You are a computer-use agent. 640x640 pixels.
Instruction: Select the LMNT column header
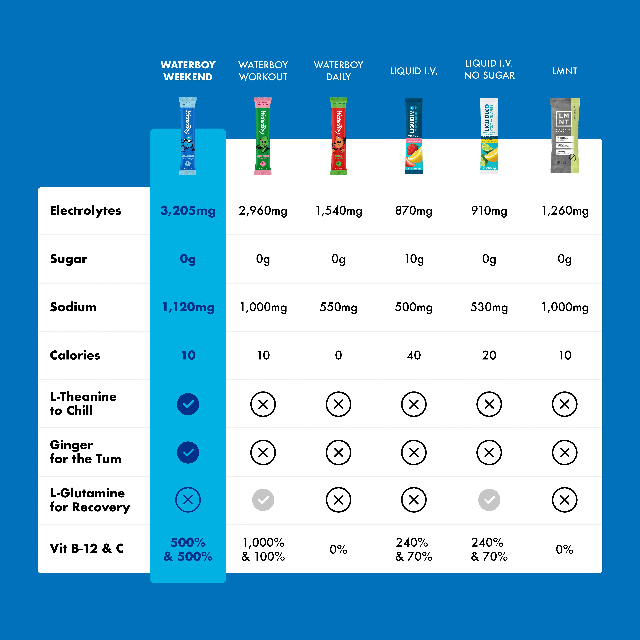point(564,71)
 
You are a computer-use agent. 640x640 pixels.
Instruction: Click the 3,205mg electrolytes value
point(188,210)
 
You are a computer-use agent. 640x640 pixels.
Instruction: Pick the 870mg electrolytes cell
point(414,210)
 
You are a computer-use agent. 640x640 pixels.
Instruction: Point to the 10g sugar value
point(414,259)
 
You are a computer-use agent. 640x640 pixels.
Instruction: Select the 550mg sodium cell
point(338,307)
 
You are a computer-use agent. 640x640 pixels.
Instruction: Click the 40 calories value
point(414,355)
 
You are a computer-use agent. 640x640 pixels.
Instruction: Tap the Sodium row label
point(73,307)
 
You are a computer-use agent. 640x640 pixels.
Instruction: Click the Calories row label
point(75,355)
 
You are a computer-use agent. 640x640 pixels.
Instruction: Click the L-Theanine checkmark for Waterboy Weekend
point(188,404)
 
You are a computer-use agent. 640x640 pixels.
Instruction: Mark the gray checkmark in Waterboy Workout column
point(263,500)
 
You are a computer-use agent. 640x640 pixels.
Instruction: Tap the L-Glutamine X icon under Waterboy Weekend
point(188,500)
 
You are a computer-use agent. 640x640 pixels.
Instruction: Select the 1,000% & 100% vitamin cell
point(263,549)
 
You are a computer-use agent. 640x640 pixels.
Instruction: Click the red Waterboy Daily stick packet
point(338,136)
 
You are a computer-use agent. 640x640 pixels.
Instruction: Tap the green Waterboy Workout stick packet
point(263,136)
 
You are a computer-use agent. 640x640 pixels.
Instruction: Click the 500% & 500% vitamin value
point(188,549)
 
